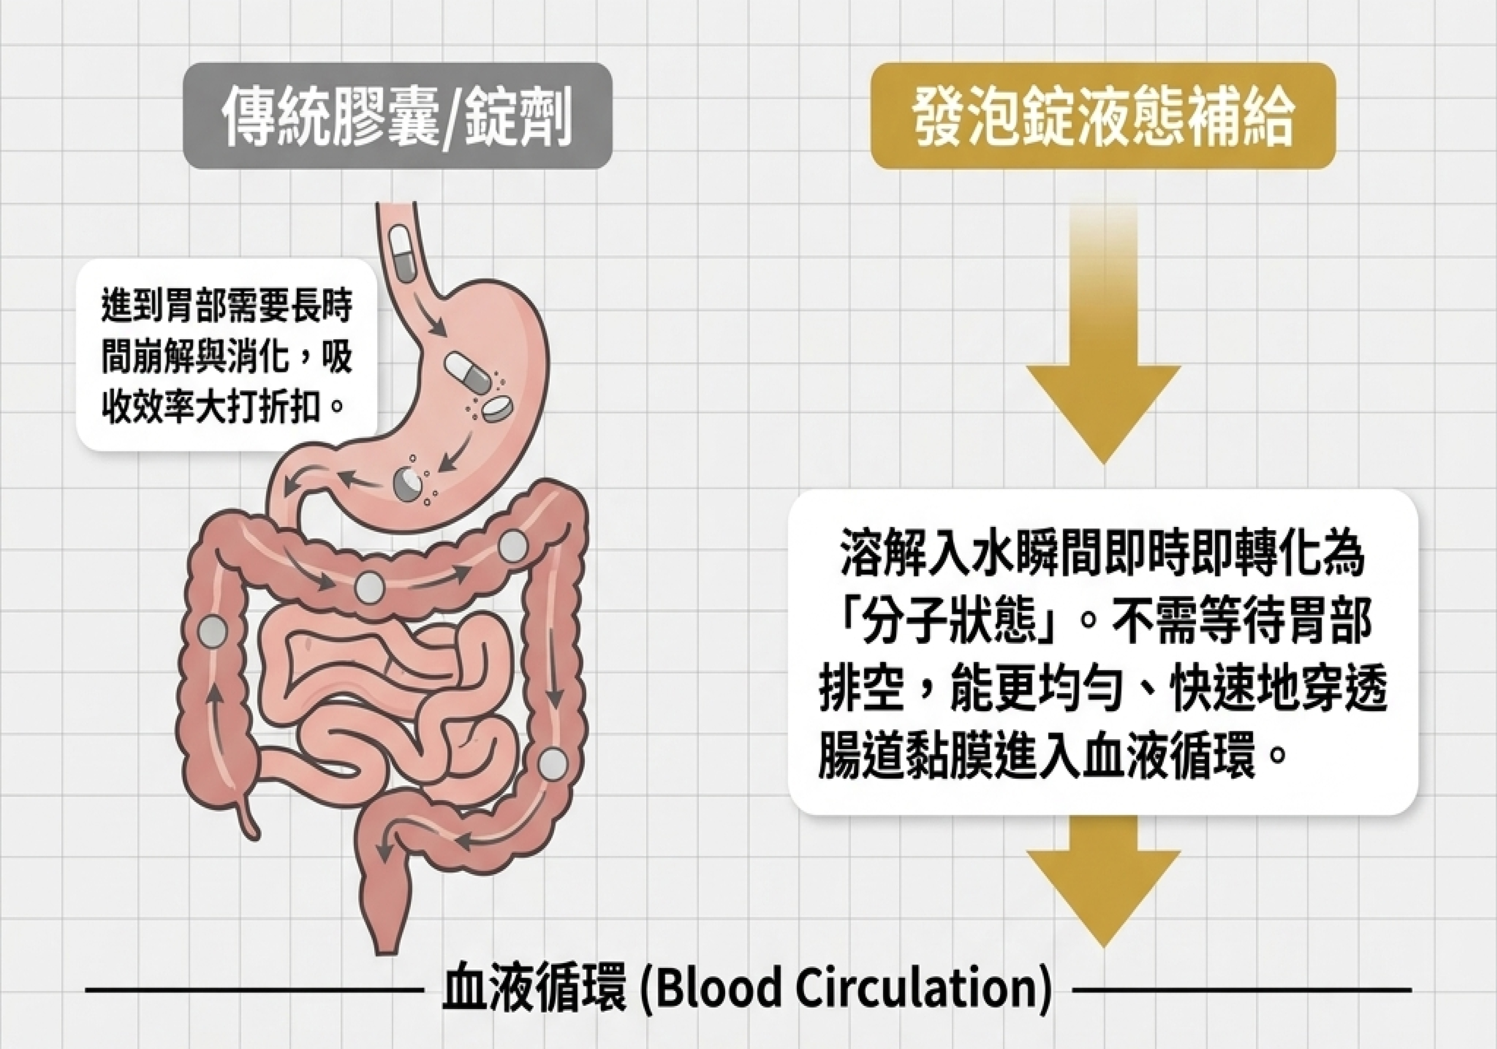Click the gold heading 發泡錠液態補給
click(1103, 117)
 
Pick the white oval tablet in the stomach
click(497, 408)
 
